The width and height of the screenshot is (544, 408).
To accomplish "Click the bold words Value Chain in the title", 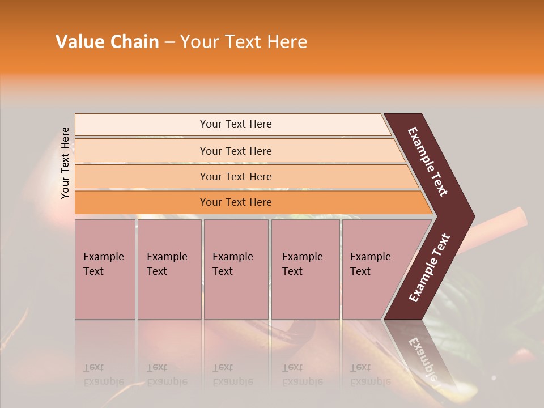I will pos(107,42).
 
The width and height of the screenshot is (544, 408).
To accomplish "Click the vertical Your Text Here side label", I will pos(65,163).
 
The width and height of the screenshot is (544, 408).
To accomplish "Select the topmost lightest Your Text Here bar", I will pos(236,124).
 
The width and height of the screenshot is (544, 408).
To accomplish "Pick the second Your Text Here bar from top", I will pos(236,151).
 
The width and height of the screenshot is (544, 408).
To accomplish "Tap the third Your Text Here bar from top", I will pos(236,176).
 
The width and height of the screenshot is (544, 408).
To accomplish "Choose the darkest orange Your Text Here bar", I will pos(236,202).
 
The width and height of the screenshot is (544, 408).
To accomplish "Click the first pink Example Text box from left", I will pos(105,269).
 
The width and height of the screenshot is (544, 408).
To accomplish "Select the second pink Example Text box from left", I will pos(169,269).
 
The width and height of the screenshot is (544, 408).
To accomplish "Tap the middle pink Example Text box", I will pos(235,269).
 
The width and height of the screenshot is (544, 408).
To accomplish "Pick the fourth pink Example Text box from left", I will pos(305,269).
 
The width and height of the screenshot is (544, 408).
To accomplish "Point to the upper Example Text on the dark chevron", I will pos(428,161).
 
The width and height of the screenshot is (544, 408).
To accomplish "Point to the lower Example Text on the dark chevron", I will pos(430,268).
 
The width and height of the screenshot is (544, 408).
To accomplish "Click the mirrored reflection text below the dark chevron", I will pos(423,357).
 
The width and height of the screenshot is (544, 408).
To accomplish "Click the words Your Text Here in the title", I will pos(244,42).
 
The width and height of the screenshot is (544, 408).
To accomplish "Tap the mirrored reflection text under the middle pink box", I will pos(232,375).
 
